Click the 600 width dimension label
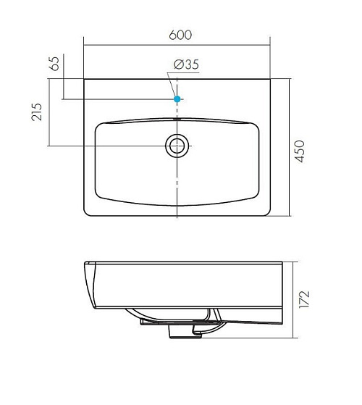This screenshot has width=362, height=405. [180, 35]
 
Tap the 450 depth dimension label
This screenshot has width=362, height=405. [300, 151]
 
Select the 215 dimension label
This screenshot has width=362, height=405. [36, 112]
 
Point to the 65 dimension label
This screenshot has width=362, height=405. [54, 64]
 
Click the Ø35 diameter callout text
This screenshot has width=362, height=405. [186, 64]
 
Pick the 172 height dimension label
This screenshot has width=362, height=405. [304, 299]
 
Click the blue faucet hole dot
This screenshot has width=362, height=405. [177, 99]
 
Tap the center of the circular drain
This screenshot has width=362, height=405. [177, 146]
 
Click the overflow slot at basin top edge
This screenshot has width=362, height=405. [177, 119]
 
